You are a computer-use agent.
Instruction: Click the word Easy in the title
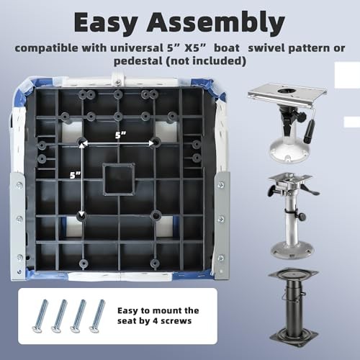[106, 23]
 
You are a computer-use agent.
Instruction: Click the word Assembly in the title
[216, 23]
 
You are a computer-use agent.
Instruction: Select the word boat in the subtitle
[227, 48]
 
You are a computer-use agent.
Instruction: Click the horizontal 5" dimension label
[120, 135]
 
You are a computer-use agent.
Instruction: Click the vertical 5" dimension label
[75, 175]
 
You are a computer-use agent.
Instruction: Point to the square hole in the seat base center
[119, 179]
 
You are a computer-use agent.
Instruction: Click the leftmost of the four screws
[40, 316]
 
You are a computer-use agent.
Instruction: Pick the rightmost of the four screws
[97, 316]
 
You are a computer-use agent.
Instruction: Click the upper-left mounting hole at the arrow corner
[81, 142]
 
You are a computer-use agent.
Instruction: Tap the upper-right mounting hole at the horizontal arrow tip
[156, 142]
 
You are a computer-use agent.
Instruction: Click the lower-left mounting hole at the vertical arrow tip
[81, 216]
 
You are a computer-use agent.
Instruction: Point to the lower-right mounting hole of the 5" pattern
[156, 216]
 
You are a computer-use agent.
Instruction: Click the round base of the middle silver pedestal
[292, 251]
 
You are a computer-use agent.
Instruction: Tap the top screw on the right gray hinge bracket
[221, 185]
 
